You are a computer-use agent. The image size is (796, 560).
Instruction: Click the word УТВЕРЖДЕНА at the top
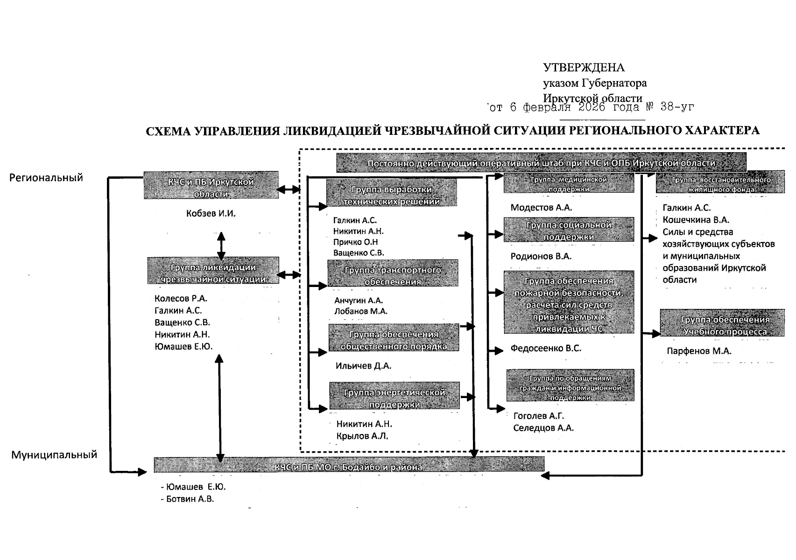pos(584,68)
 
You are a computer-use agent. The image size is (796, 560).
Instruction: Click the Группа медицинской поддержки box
pos(569,183)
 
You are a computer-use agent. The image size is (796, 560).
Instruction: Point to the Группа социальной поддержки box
pos(569,230)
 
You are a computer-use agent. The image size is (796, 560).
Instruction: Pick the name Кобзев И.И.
pos(211,213)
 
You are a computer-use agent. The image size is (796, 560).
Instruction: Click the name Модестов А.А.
pos(541,208)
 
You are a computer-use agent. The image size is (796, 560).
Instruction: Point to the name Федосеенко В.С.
pos(546,348)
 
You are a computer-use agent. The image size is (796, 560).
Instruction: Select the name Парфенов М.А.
pos(699,351)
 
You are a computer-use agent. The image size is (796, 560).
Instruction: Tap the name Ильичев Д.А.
pos(363,366)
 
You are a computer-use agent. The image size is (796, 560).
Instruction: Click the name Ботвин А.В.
pos(190,499)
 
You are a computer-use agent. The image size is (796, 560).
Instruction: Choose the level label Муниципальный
pos(54,455)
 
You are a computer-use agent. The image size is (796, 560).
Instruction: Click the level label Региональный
pos(46,177)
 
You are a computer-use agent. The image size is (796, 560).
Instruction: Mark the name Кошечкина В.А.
pos(696,220)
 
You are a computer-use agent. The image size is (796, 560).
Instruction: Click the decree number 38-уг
pos(677,107)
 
